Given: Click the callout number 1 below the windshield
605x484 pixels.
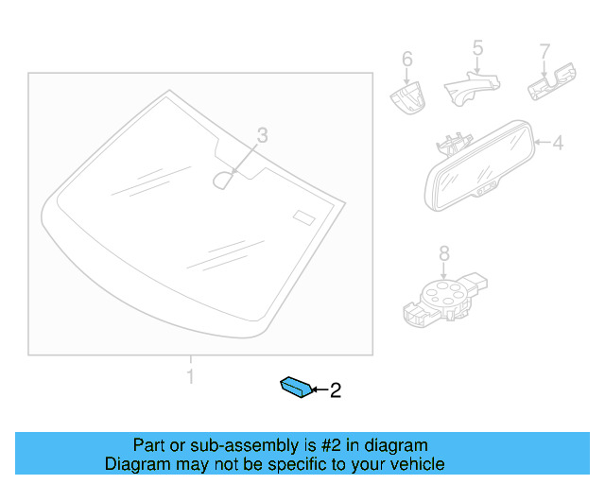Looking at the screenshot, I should click(190, 377).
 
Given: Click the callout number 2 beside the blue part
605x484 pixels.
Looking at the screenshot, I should click(334, 389).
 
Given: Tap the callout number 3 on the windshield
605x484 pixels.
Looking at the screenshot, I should click(263, 136).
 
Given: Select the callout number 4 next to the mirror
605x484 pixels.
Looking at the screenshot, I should click(557, 144).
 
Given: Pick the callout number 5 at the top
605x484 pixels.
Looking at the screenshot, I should click(477, 46).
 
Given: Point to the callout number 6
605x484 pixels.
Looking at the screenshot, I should click(407, 60).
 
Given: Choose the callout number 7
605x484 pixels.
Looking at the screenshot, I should click(544, 49).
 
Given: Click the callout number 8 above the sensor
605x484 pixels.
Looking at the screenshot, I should click(443, 252).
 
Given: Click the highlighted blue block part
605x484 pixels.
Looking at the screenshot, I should click(294, 387).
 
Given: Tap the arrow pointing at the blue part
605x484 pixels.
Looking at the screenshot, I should click(318, 389).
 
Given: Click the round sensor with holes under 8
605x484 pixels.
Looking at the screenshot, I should click(441, 296).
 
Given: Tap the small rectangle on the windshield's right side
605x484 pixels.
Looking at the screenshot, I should click(302, 216).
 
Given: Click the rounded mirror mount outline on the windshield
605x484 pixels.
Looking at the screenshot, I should click(224, 179).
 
